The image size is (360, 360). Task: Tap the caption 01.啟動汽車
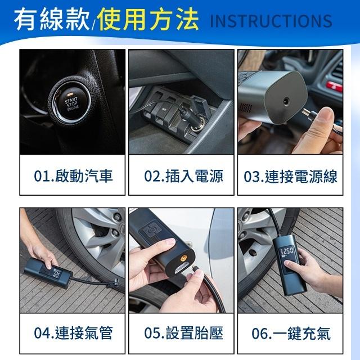73,177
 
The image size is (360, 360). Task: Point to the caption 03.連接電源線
291,177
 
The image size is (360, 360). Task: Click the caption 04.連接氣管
73,333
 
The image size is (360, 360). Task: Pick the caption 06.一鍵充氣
291,333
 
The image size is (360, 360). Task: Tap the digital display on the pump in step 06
288,251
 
